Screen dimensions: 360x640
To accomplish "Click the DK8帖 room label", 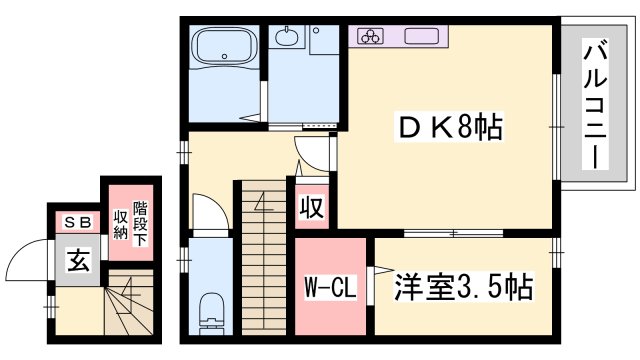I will click(449, 128).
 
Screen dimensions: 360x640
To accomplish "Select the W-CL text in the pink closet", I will click(331, 288).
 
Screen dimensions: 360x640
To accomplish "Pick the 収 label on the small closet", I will click(311, 208).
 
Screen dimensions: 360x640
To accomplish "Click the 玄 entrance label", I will click(76, 261).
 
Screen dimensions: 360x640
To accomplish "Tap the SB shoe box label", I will click(76, 222).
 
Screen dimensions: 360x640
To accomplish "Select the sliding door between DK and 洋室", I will click(453, 234).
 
